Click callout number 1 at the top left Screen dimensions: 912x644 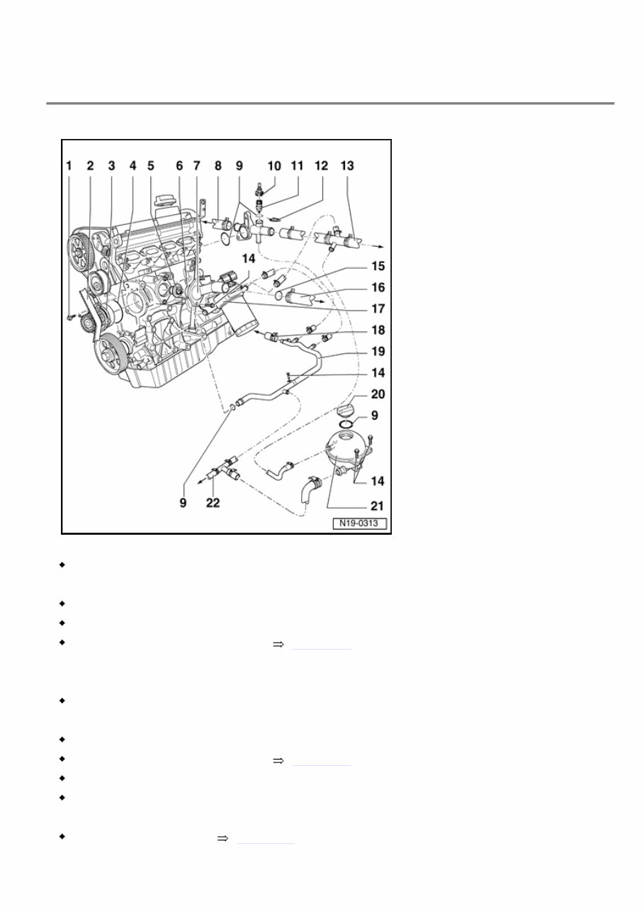69,166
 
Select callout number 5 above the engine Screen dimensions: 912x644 150,166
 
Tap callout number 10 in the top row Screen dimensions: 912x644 273,166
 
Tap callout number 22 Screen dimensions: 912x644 213,503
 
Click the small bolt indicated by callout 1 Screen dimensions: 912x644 71,318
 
